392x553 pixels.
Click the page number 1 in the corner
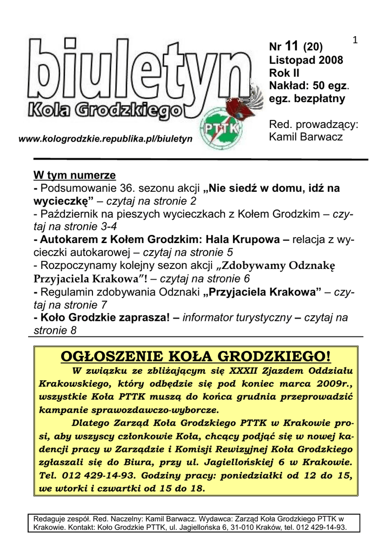point(355,39)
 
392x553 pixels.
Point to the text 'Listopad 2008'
point(306,60)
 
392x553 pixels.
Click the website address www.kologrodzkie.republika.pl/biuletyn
point(105,139)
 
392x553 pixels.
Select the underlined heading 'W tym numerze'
point(75,176)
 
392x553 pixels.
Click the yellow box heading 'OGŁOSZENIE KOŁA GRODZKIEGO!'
point(196,357)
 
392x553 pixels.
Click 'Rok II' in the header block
point(284,73)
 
